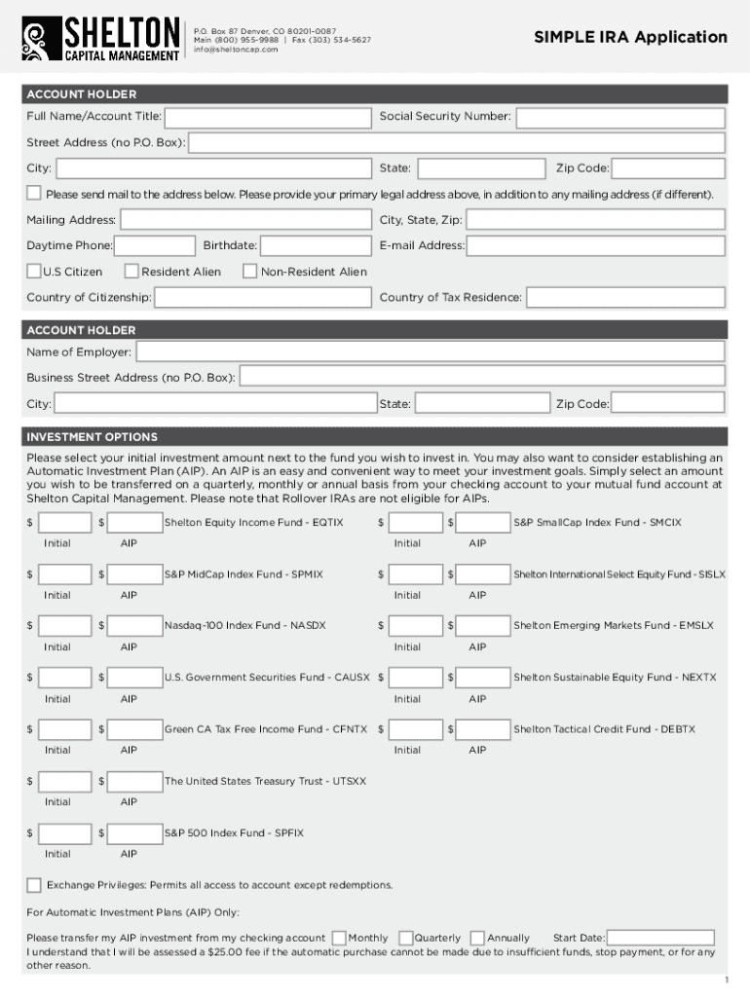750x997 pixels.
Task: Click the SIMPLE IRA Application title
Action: (x=630, y=37)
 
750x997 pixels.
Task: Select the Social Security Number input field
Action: (x=620, y=118)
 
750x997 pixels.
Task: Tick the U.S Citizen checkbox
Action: (x=34, y=272)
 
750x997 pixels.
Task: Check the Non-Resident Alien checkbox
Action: (x=249, y=272)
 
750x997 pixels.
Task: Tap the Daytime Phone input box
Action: (x=155, y=246)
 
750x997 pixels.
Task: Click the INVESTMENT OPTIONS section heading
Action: (x=92, y=437)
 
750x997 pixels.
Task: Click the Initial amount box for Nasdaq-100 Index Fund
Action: (x=65, y=626)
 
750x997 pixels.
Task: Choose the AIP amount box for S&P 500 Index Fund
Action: (x=135, y=833)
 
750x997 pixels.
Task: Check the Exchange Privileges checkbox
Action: (x=34, y=885)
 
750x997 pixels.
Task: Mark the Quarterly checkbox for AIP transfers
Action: (x=405, y=938)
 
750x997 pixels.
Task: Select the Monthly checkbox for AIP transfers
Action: (x=338, y=938)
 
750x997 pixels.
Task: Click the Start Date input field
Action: (x=661, y=938)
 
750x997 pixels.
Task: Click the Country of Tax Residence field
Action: (x=624, y=298)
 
